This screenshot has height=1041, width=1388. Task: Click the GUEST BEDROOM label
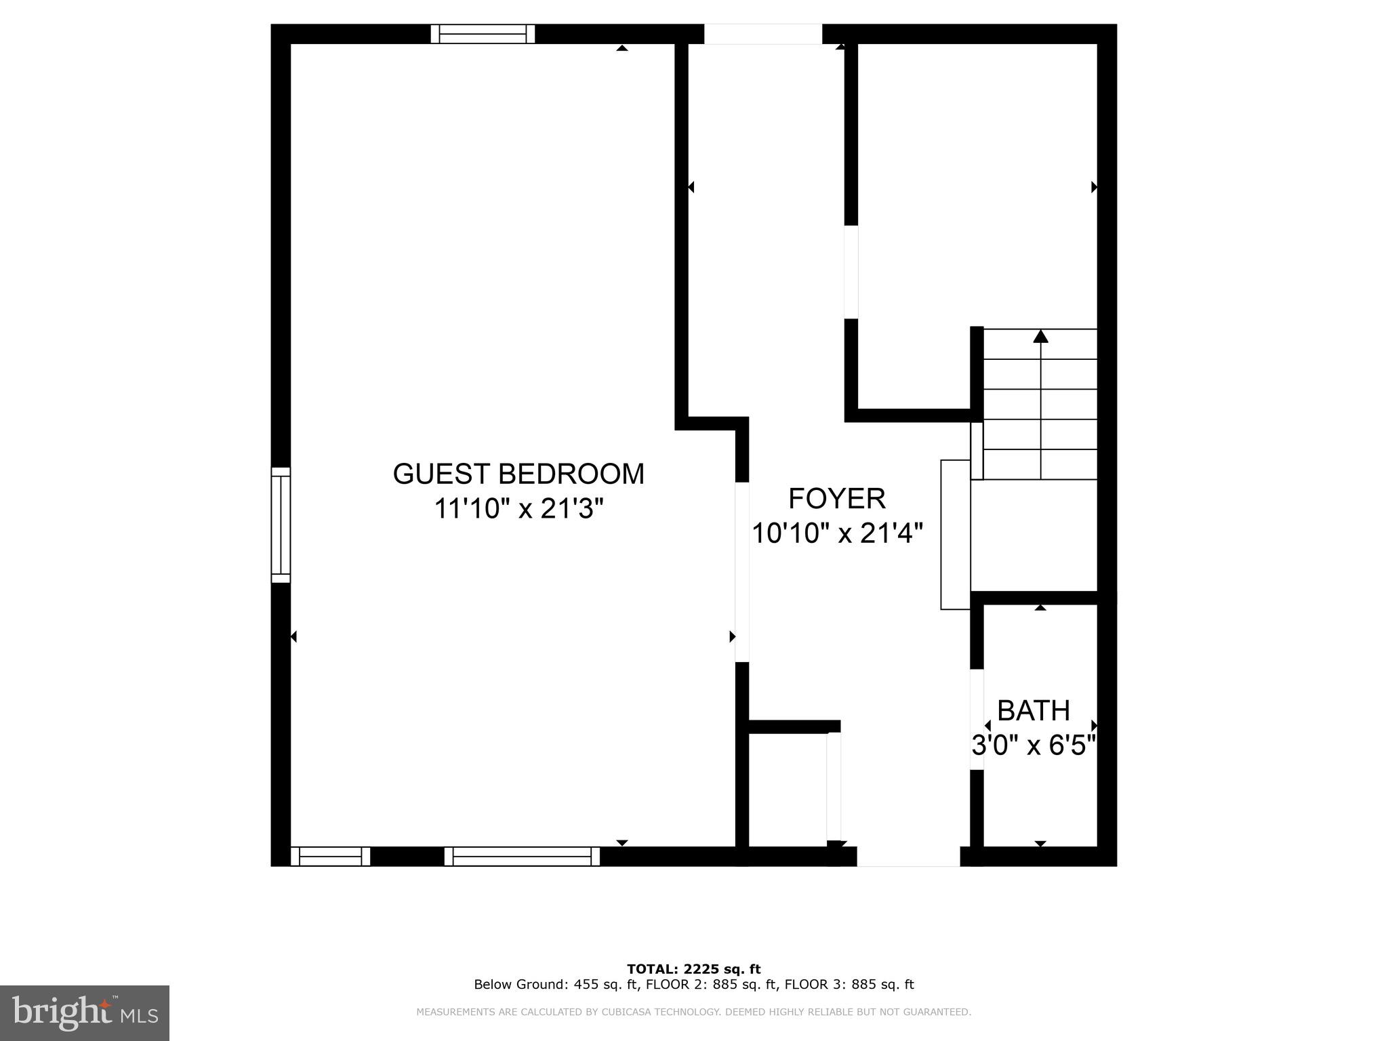(x=518, y=474)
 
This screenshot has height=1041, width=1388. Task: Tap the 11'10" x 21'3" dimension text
(x=518, y=508)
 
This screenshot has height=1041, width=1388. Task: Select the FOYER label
(x=837, y=499)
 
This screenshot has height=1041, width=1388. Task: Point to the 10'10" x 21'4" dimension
(x=837, y=533)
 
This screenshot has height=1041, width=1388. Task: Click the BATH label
(x=1034, y=711)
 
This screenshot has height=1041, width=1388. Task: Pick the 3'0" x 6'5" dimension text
(x=1034, y=746)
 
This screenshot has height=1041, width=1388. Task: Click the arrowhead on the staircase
(x=1040, y=336)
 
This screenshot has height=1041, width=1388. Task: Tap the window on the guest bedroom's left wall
(x=281, y=525)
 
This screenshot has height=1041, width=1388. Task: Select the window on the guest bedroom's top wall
(x=483, y=34)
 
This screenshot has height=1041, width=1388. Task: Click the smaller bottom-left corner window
(x=331, y=857)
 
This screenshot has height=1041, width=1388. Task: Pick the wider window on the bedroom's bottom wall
(x=522, y=857)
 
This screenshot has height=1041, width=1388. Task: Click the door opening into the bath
(x=977, y=720)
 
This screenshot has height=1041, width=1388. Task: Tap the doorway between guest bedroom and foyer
(x=743, y=572)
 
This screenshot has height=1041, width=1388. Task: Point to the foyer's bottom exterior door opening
(x=908, y=857)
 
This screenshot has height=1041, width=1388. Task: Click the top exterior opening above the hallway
(x=763, y=34)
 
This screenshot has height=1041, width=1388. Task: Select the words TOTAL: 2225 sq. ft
(x=693, y=969)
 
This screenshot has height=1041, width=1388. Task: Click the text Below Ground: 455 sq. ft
(x=556, y=985)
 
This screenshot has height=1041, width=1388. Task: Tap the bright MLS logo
(x=85, y=1013)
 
